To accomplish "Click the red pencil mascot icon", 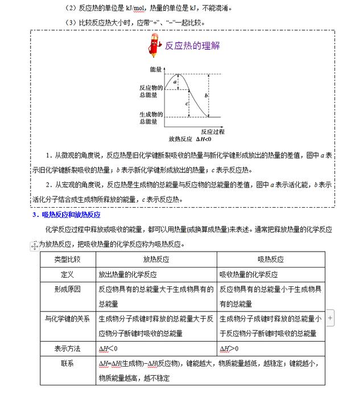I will coord(154,45).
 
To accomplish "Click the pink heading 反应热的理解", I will coord(192,46).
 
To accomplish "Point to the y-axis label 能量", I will coord(156,69).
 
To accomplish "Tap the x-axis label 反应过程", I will coord(212,131).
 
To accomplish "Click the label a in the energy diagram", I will coord(175,82).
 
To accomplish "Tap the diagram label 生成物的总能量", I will coord(151,117).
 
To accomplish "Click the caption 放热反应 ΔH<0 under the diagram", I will coord(190,139).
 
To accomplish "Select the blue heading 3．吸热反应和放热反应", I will coord(66,215).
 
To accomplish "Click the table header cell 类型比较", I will coord(67,259).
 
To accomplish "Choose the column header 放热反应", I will coord(156,259).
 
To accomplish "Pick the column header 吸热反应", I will coord(271,259).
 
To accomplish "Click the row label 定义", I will coord(67,274).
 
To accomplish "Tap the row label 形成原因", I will coord(67,289).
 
